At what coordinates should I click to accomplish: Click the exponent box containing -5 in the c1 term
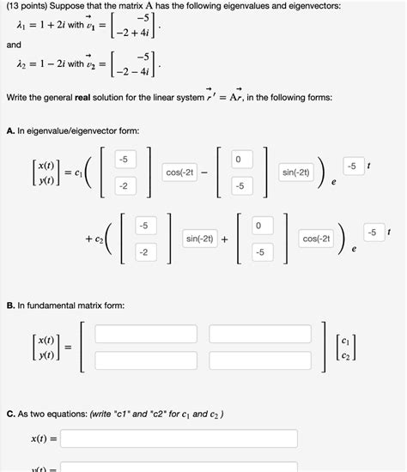coord(352,166)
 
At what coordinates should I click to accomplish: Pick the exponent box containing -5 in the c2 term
coord(371,232)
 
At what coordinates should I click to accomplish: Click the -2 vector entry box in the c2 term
coord(143,252)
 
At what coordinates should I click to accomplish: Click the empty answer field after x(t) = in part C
coord(179,439)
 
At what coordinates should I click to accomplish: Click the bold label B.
coord(9,305)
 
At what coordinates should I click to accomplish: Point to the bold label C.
coord(9,414)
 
